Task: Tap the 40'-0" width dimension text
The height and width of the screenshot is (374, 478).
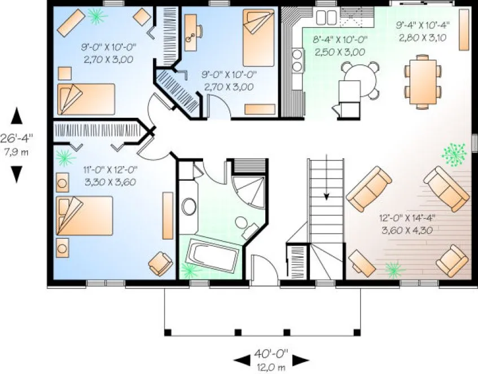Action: tap(272, 354)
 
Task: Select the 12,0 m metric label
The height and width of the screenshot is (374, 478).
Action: tap(272, 367)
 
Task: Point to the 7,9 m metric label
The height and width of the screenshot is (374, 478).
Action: tap(17, 151)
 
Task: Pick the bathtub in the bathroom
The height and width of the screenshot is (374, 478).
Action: tap(214, 256)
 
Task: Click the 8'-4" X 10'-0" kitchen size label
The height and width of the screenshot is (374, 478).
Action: tap(340, 40)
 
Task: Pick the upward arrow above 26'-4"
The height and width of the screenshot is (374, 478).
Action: tap(17, 116)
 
